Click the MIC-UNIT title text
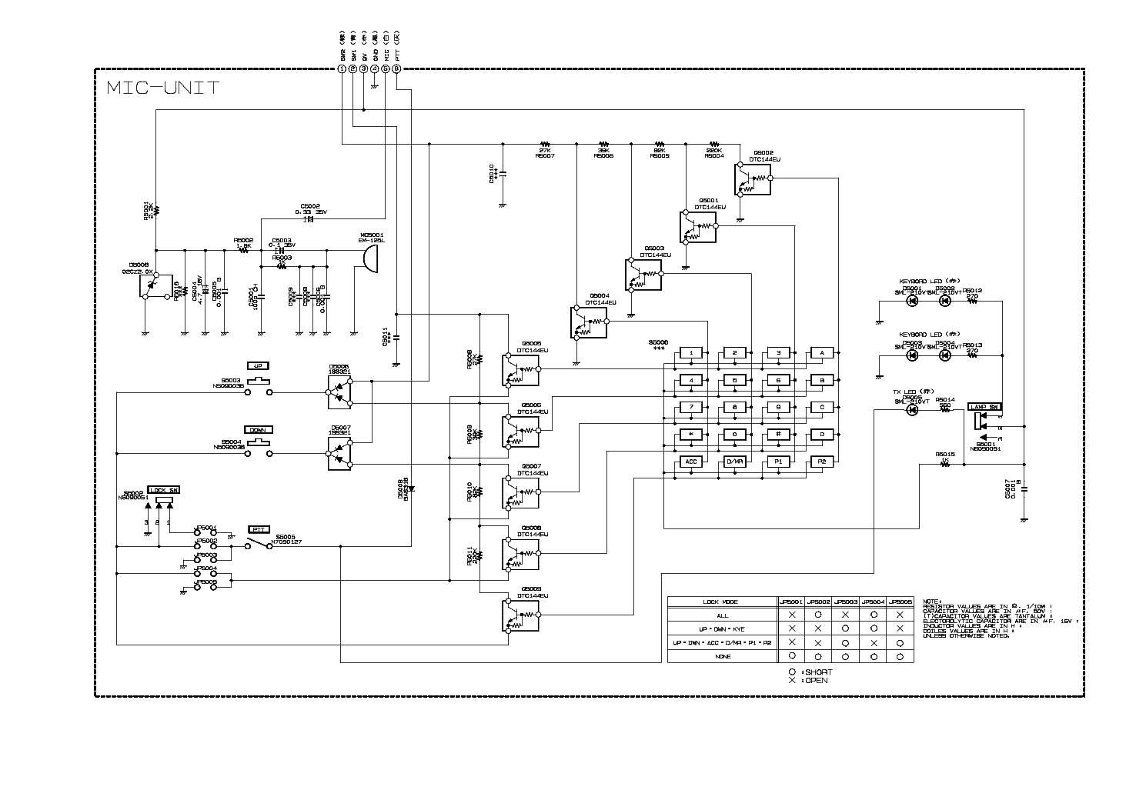coord(162,88)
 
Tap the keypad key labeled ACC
coord(691,462)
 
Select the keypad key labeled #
coord(778,435)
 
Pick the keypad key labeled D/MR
coord(735,462)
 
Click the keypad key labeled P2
coord(822,462)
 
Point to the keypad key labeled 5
coord(735,380)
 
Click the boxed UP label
coord(257,365)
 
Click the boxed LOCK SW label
coord(163,490)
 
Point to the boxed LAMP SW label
coord(984,406)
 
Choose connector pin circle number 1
coord(342,68)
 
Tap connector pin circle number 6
coord(396,68)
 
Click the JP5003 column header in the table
coord(845,602)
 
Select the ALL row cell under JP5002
coord(818,615)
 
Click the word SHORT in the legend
coord(818,672)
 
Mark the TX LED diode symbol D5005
coord(912,410)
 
